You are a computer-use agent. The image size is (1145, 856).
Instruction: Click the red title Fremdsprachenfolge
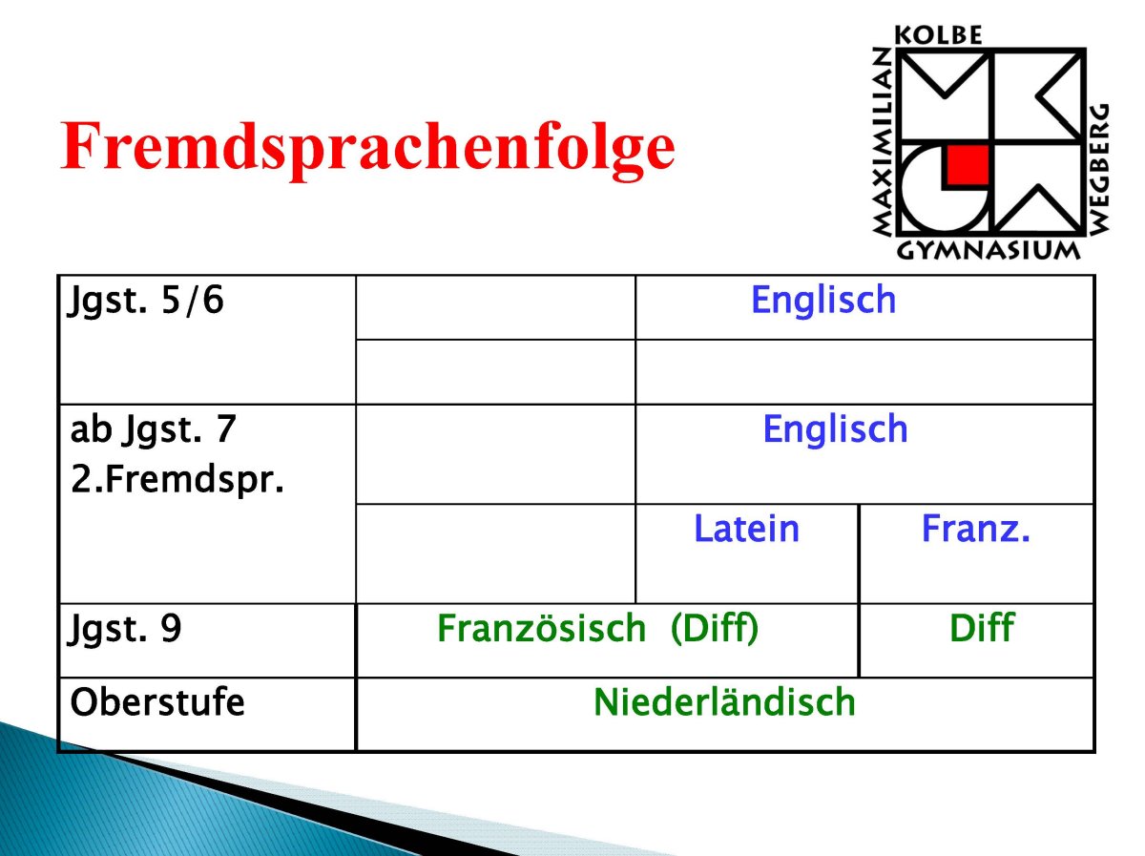point(367,149)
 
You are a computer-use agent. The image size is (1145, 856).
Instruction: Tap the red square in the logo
point(968,165)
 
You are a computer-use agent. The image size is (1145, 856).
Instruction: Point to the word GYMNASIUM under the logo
point(988,251)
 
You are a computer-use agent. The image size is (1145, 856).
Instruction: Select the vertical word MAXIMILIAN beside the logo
point(882,141)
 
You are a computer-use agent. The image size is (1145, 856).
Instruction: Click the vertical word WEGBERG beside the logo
point(1099,169)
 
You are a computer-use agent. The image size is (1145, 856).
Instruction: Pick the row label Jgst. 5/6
point(146,302)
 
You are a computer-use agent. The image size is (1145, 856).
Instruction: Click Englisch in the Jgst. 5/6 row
point(823,301)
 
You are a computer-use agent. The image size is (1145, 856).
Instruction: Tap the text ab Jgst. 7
point(154,429)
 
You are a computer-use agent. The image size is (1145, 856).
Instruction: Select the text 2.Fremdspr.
point(177,479)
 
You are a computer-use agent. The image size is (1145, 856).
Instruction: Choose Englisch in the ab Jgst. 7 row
point(835,429)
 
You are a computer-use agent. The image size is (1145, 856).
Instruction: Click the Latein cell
point(746,529)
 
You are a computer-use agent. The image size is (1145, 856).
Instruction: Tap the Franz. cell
point(975,529)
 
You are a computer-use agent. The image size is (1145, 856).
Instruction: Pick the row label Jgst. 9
point(125,629)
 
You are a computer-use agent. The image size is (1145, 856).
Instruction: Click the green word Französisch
point(541,628)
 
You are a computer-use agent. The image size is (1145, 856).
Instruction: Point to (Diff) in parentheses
point(714,629)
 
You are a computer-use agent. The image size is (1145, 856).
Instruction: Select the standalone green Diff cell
point(982,628)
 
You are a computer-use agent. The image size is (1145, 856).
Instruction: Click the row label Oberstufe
point(157,702)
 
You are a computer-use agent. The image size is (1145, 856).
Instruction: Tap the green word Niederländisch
point(724,702)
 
